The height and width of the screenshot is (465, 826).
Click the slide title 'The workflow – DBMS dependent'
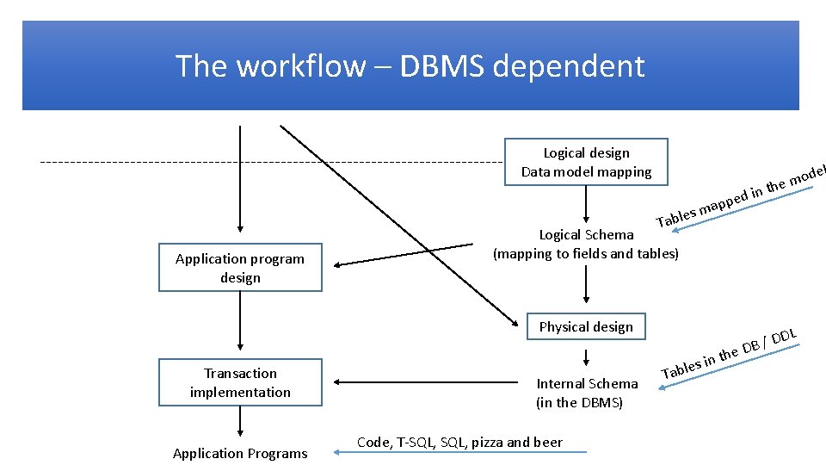tap(410, 66)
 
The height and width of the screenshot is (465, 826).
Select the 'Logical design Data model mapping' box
tap(586, 162)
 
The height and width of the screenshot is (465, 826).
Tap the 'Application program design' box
tap(240, 268)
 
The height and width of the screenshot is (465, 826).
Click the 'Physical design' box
tap(586, 326)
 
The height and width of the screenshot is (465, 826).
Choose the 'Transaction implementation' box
tap(240, 382)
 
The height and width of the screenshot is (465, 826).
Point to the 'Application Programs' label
tap(240, 453)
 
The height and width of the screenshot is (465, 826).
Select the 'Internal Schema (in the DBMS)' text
tap(587, 393)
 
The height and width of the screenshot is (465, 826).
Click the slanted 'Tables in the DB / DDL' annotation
tap(731, 354)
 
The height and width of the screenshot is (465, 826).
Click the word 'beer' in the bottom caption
tap(547, 443)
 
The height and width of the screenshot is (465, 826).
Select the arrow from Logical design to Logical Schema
tap(586, 203)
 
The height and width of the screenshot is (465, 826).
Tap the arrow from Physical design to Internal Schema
tap(586, 356)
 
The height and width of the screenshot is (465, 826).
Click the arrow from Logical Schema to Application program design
tap(404, 255)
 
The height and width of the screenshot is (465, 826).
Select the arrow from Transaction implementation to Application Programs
tap(240, 422)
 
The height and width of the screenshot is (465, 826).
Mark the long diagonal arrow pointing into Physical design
tap(396, 224)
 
